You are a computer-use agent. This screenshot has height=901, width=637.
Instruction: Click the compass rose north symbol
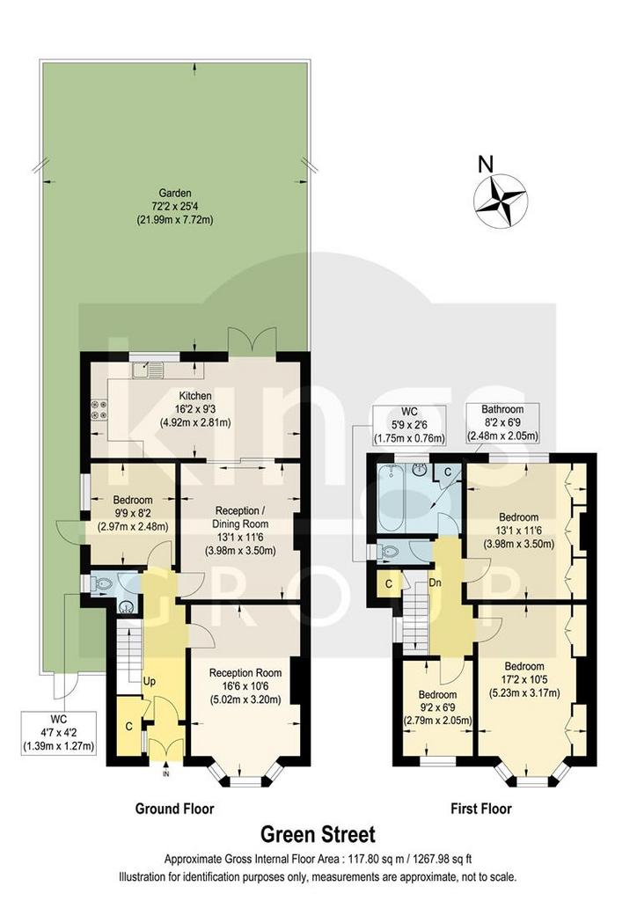(499, 201)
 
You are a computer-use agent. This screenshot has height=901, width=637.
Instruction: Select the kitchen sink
(147, 368)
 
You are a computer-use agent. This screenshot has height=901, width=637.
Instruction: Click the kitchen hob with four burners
(99, 410)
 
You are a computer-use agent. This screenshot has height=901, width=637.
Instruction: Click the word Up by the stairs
(149, 682)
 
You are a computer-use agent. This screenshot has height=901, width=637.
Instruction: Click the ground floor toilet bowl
(103, 584)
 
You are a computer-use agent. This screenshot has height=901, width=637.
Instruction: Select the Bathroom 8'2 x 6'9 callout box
(502, 423)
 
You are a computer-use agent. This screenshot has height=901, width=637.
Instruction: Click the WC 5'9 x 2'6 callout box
(409, 425)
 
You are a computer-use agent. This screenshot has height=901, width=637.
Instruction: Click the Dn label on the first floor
(435, 582)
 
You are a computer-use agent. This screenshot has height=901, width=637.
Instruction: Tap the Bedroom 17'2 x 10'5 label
(524, 679)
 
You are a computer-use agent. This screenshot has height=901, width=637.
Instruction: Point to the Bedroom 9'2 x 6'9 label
(437, 707)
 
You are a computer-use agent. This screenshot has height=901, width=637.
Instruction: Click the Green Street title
(318, 834)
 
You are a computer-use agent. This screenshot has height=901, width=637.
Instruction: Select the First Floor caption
(480, 809)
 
